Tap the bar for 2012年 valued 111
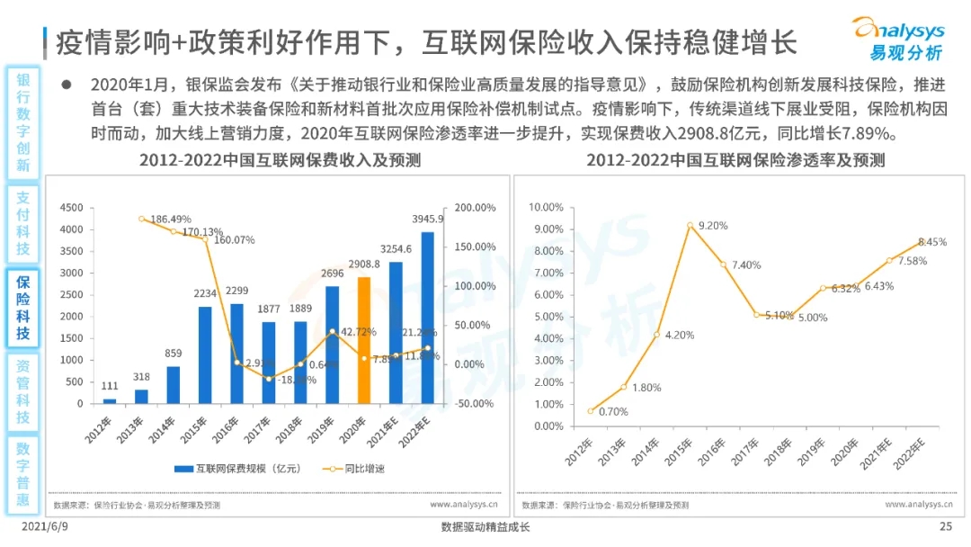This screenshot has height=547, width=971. click(x=110, y=400)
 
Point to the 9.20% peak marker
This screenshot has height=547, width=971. click(x=690, y=225)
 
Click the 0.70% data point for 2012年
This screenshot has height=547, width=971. click(x=590, y=411)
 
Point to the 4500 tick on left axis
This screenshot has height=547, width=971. click(x=71, y=208)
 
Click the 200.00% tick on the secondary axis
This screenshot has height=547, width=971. click(x=476, y=208)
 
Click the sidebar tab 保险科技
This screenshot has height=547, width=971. click(x=23, y=308)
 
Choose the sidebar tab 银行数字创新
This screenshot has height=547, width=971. click(x=23, y=121)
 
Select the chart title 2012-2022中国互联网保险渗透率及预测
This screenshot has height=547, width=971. click(x=735, y=161)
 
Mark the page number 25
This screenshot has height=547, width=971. click(x=945, y=527)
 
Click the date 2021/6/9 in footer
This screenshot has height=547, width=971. click(x=44, y=527)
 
